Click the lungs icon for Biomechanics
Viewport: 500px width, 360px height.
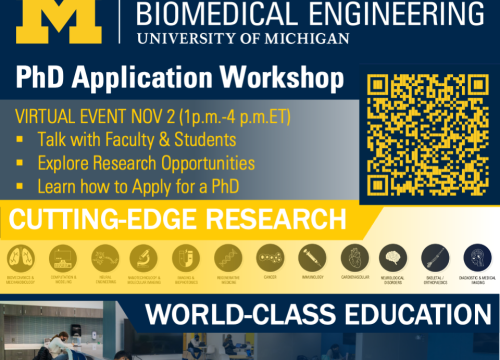pyautogui.click(x=21, y=255)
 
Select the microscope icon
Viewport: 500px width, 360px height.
pyautogui.click(x=145, y=255)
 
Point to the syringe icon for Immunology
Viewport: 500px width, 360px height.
pyautogui.click(x=309, y=254)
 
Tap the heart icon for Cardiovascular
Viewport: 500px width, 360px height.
pyautogui.click(x=350, y=254)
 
